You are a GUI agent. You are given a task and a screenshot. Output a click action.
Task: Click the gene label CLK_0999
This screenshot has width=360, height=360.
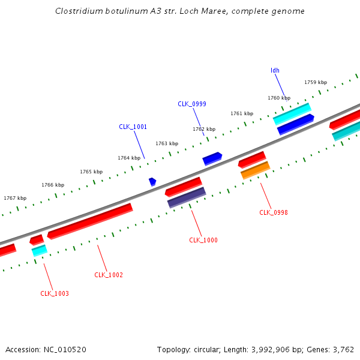(192, 104)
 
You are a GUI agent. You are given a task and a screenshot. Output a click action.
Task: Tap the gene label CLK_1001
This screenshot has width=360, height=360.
(133, 127)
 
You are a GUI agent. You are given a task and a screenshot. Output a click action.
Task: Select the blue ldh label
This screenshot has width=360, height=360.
(275, 70)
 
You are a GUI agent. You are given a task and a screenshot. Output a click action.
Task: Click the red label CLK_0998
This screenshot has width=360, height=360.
(274, 212)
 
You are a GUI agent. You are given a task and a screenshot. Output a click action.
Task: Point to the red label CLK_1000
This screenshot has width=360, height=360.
(203, 240)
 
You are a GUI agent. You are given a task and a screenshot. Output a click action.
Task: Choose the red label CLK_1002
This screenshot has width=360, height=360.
(109, 275)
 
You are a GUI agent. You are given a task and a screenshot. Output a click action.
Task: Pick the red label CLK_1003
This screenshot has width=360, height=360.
(55, 293)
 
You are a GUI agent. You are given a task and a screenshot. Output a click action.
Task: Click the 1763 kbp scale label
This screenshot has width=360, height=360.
(167, 143)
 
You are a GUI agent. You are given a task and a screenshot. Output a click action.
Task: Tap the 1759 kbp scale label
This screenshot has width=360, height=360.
(316, 82)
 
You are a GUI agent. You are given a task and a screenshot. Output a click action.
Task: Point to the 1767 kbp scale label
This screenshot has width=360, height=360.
(15, 198)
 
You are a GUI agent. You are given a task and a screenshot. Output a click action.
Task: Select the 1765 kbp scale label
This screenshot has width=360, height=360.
(91, 172)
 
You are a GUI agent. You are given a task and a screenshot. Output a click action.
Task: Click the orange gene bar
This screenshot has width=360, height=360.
(255, 170)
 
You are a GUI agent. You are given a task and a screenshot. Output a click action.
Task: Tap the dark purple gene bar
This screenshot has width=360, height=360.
(187, 197)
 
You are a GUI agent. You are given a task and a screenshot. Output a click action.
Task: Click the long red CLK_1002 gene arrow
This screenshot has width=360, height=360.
(90, 221)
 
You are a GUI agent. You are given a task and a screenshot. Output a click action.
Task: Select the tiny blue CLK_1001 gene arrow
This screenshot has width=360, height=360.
(152, 181)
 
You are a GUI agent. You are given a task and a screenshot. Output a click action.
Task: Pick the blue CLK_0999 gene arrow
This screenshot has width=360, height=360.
(212, 158)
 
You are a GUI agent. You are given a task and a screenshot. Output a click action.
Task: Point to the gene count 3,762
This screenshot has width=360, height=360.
(343, 349)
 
